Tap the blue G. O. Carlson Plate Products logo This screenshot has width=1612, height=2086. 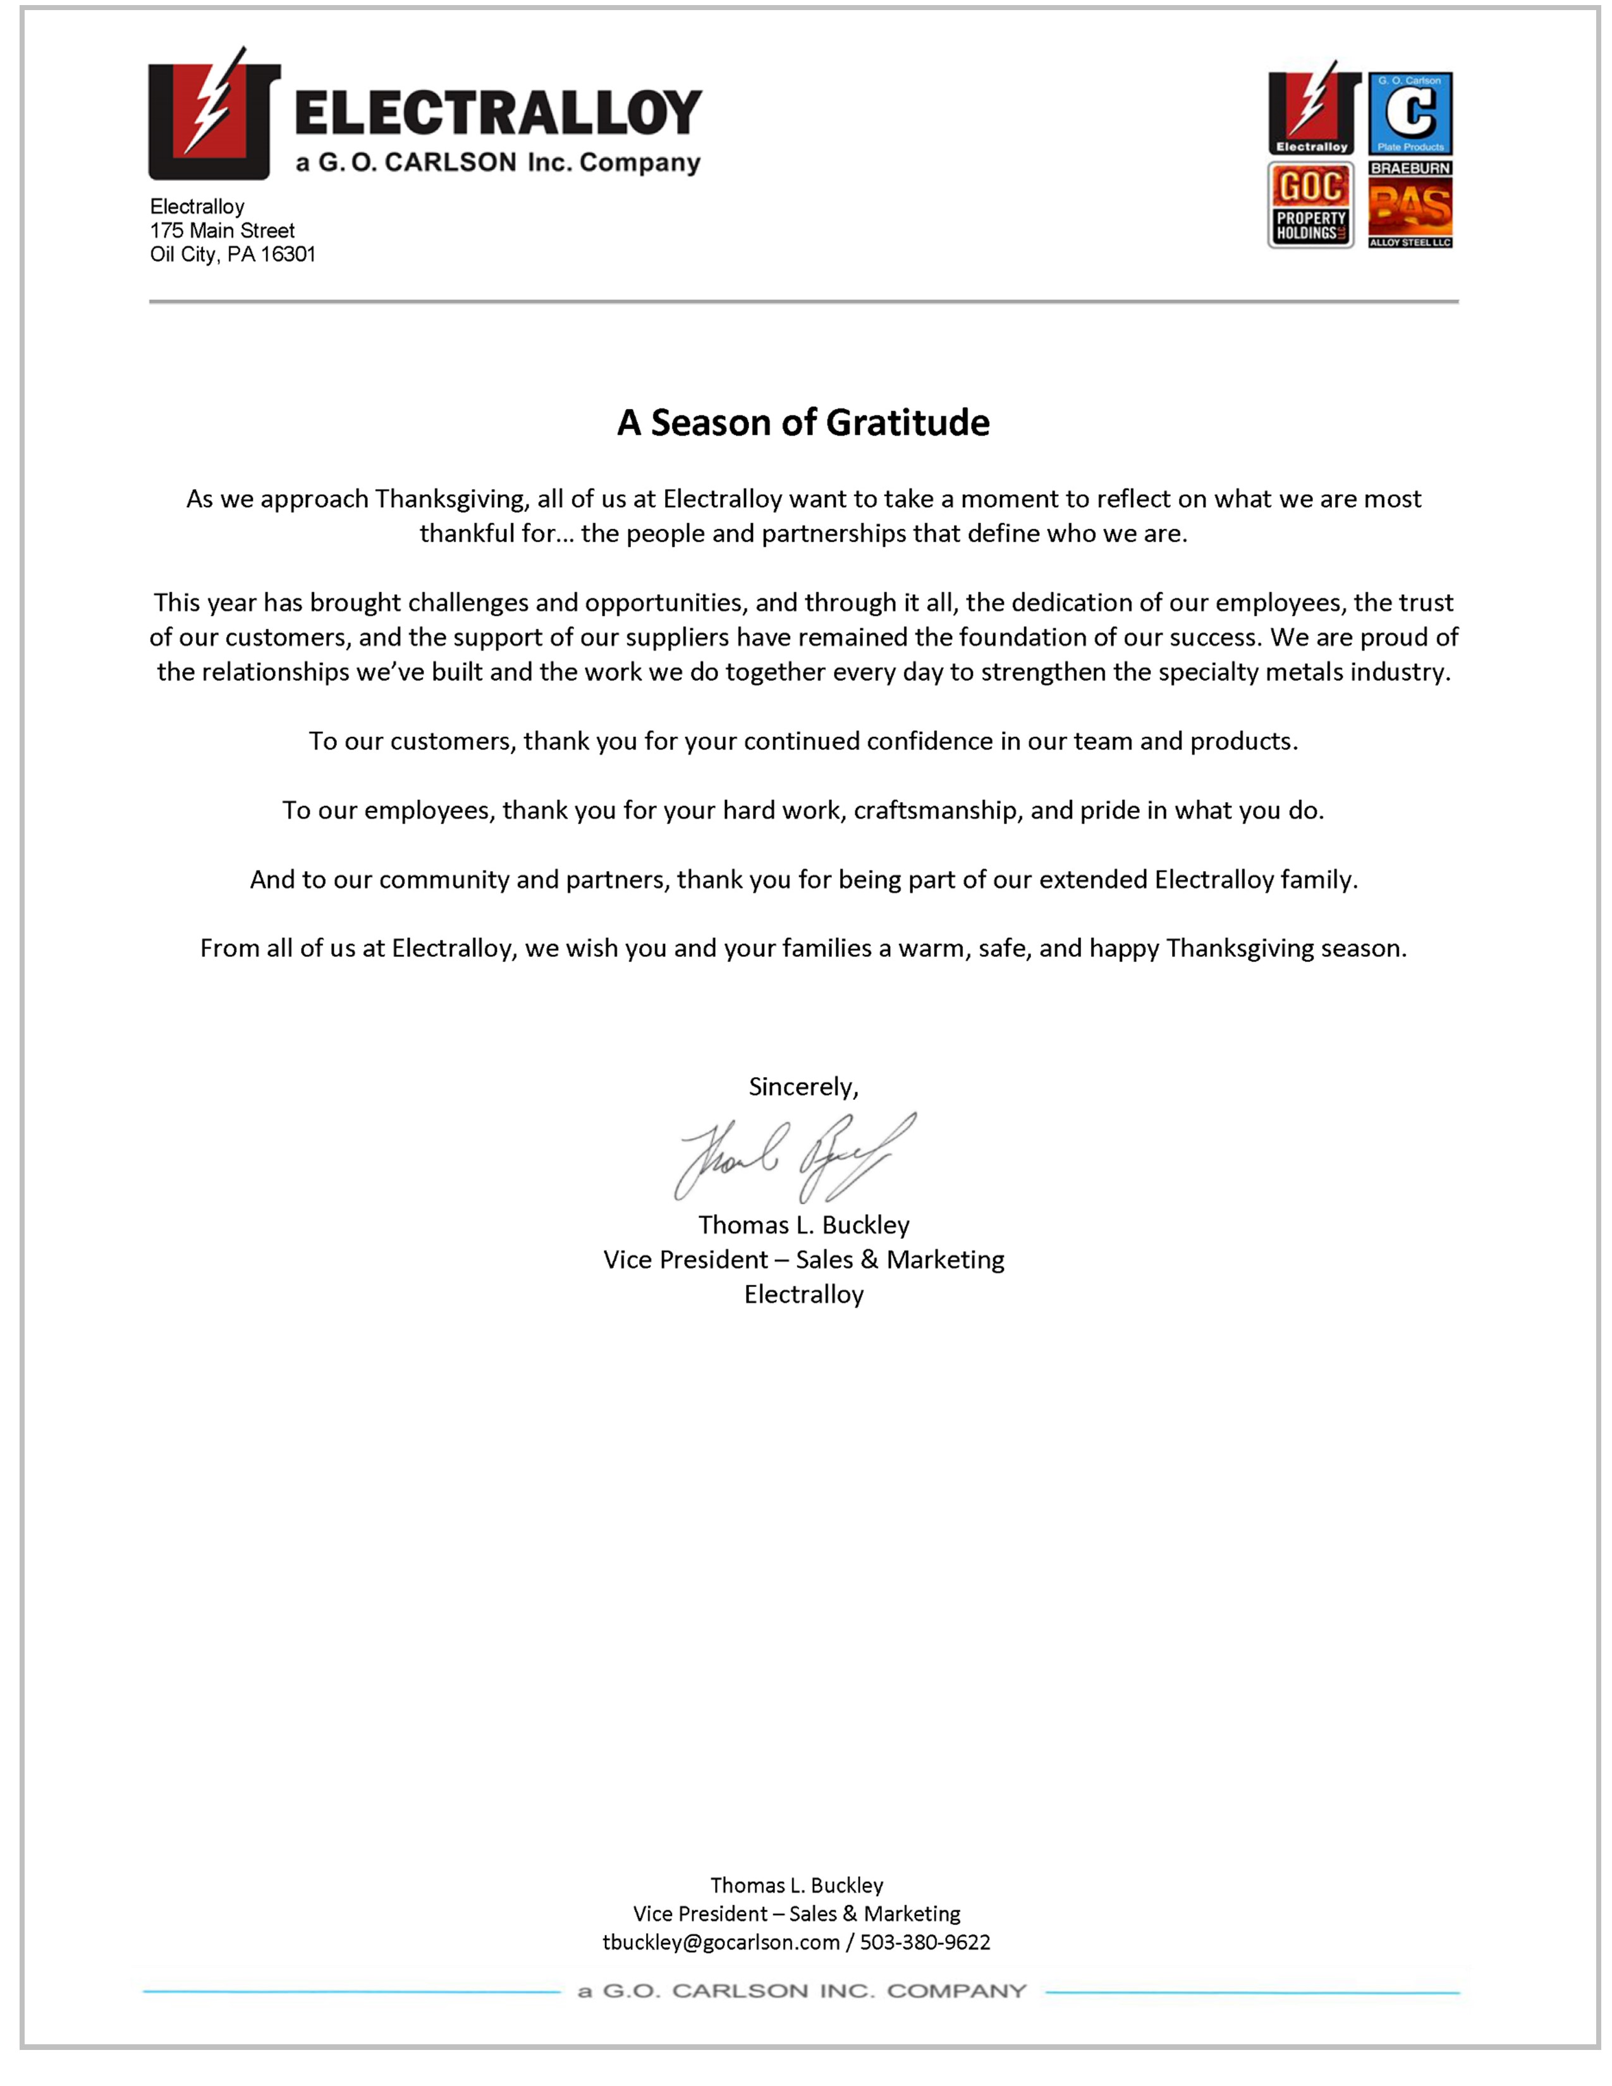click(1410, 113)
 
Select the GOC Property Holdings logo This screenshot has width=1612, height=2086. click(1310, 205)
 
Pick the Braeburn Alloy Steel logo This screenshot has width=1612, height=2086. click(1410, 205)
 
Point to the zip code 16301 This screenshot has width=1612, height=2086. click(288, 254)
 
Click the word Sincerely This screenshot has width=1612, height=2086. click(802, 1087)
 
